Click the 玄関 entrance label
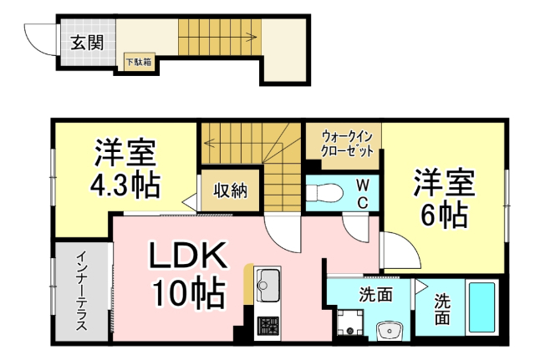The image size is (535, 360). coord(86,43)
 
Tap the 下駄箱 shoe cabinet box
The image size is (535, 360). coord(139,62)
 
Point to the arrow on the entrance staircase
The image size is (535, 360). coord(249,36)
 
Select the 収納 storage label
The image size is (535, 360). coord(230,190)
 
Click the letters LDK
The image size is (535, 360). coord(185,257)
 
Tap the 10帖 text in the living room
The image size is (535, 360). coord(186,292)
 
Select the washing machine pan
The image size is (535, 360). coord(349,322)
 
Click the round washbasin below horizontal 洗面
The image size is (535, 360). coord(390,332)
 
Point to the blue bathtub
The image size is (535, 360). coord(480,308)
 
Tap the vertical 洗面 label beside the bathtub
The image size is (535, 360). coord(441,309)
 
